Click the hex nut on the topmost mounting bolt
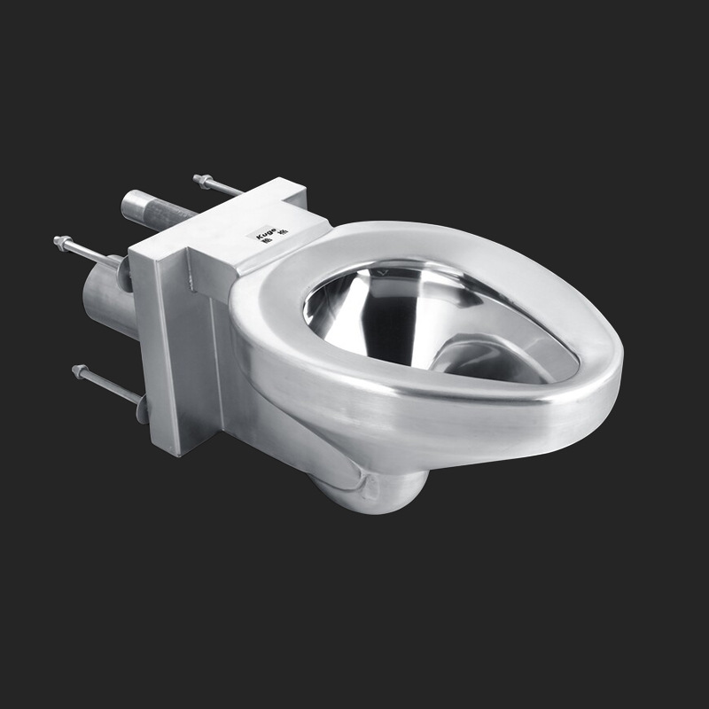201,181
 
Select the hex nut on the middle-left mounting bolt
62,241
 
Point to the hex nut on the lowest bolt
80,371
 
